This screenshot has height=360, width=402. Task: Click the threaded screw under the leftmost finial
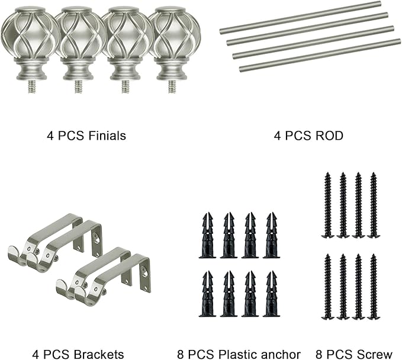pyautogui.click(x=32, y=86)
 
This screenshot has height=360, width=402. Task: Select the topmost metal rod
pyautogui.click(x=300, y=17)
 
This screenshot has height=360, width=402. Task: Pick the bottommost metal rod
pyautogui.click(x=320, y=55)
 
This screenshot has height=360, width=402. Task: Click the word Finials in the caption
pyautogui.click(x=107, y=136)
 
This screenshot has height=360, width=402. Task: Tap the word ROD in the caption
pyautogui.click(x=329, y=136)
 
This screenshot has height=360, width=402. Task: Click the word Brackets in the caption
pyautogui.click(x=99, y=354)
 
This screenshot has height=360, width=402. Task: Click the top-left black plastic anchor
pyautogui.click(x=207, y=235)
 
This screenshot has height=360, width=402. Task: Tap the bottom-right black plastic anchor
pyautogui.click(x=272, y=294)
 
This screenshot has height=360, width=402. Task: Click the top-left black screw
pyautogui.click(x=327, y=205)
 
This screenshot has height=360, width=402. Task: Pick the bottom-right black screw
pyautogui.click(x=374, y=287)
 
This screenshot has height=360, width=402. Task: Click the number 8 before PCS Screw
pyautogui.click(x=319, y=354)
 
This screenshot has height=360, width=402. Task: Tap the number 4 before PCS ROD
pyautogui.click(x=278, y=136)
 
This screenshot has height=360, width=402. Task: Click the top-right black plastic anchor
pyautogui.click(x=272, y=235)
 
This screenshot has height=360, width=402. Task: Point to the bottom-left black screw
pyautogui.click(x=327, y=287)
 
